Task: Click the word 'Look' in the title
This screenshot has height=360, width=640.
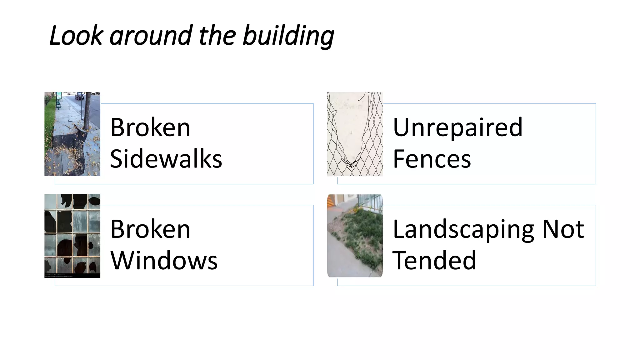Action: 76,35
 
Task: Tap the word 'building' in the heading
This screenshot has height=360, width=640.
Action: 288,35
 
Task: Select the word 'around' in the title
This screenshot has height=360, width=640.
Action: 151,35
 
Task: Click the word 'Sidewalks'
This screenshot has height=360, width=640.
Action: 166,159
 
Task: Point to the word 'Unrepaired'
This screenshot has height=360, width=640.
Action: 457,127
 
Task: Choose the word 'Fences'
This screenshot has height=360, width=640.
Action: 432,159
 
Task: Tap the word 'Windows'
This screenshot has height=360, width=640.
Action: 164,260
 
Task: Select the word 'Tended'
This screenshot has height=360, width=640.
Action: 434,260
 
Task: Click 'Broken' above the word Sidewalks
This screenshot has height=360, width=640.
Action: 150,127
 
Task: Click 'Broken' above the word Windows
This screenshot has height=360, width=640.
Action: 150,229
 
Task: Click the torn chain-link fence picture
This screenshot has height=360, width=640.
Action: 355,134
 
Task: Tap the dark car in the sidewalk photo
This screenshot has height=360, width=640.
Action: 80,96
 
